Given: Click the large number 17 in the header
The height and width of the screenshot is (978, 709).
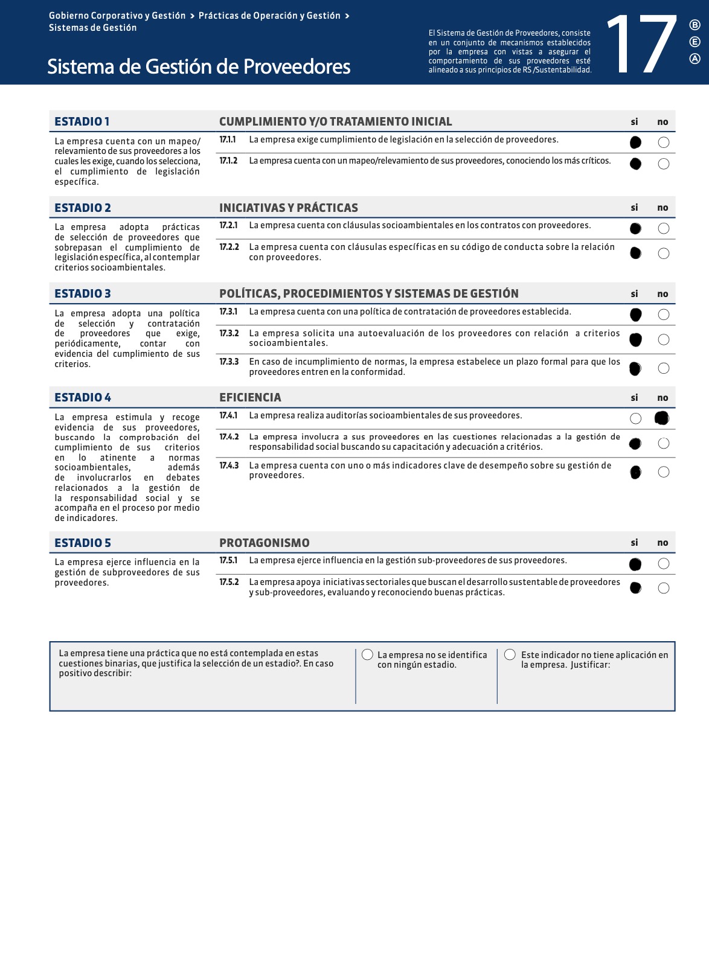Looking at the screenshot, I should [642, 45].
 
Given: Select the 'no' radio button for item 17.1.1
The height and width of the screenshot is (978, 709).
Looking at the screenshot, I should [663, 142].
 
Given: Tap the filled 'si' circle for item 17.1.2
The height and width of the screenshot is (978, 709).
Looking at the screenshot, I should [635, 164].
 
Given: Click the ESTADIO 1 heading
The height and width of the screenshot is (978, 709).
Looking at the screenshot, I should [82, 121].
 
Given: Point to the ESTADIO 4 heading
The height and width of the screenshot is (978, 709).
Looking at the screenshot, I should [83, 397].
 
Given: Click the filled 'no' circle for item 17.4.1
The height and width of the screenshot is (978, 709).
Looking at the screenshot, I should [662, 418].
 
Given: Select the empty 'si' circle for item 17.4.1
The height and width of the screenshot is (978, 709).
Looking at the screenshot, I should [635, 418].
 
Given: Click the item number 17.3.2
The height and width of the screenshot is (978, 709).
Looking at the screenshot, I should [229, 333].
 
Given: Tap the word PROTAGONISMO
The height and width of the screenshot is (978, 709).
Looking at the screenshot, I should [264, 543].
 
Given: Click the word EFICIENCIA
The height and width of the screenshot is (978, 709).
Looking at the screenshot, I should [250, 397].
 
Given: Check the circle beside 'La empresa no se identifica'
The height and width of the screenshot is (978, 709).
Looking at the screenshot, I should [367, 655].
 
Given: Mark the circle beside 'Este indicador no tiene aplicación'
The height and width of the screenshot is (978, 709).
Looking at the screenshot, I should [510, 655].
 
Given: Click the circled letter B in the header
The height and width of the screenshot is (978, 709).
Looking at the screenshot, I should [695, 25].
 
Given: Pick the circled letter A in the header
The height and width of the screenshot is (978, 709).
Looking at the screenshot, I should [695, 59].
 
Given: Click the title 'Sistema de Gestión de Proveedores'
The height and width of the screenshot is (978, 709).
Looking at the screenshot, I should [199, 66].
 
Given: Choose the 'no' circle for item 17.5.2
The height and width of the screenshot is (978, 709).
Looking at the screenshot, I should [663, 588].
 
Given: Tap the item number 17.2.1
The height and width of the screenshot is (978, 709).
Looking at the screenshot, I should [228, 225].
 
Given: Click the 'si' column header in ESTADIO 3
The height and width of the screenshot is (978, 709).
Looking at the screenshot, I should [634, 294].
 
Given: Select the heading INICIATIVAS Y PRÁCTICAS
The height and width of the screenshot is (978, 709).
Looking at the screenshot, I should [288, 208].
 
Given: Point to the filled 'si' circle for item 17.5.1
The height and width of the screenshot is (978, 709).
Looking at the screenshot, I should [635, 564].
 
